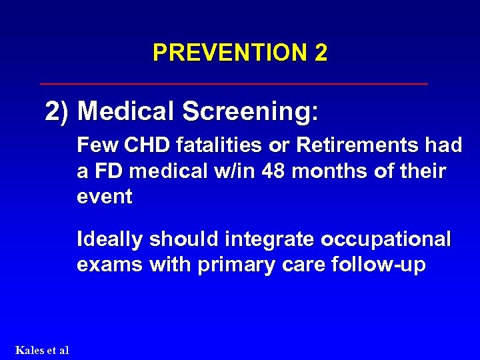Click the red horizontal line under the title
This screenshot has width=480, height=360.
(x=233, y=84)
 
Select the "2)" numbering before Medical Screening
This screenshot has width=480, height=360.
(x=58, y=112)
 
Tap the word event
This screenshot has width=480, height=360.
(x=105, y=197)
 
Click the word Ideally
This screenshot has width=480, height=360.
(x=110, y=239)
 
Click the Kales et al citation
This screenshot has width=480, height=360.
(x=41, y=350)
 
